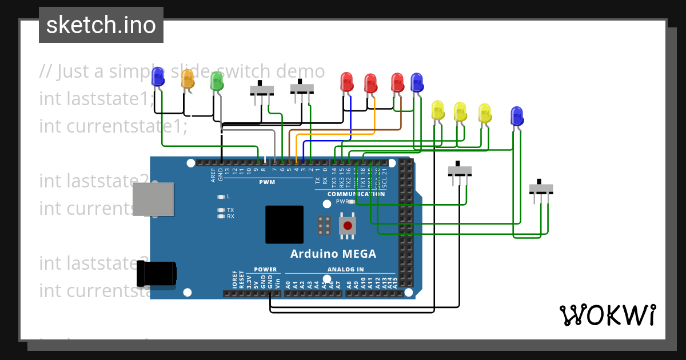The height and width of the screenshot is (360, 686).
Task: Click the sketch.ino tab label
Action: click(x=101, y=25)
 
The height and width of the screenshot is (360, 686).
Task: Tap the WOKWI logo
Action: click(x=607, y=315)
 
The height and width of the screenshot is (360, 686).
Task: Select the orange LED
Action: click(x=188, y=79)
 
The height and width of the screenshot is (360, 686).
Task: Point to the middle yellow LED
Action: click(x=460, y=111)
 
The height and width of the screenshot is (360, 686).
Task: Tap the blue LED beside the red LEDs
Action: click(x=417, y=82)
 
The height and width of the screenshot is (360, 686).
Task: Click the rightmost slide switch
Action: click(x=541, y=189)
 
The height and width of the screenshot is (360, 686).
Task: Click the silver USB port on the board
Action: click(x=153, y=199)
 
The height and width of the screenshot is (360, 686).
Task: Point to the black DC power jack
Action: click(x=157, y=274)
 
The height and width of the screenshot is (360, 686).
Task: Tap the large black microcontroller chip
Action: click(x=284, y=225)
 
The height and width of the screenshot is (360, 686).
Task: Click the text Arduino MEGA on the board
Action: click(x=333, y=254)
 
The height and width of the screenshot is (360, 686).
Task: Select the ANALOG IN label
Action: click(x=345, y=269)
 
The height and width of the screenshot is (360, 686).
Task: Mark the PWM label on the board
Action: click(x=267, y=182)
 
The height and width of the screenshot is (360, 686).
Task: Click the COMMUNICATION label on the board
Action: click(x=356, y=194)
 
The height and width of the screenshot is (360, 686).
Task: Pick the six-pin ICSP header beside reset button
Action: click(x=324, y=226)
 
